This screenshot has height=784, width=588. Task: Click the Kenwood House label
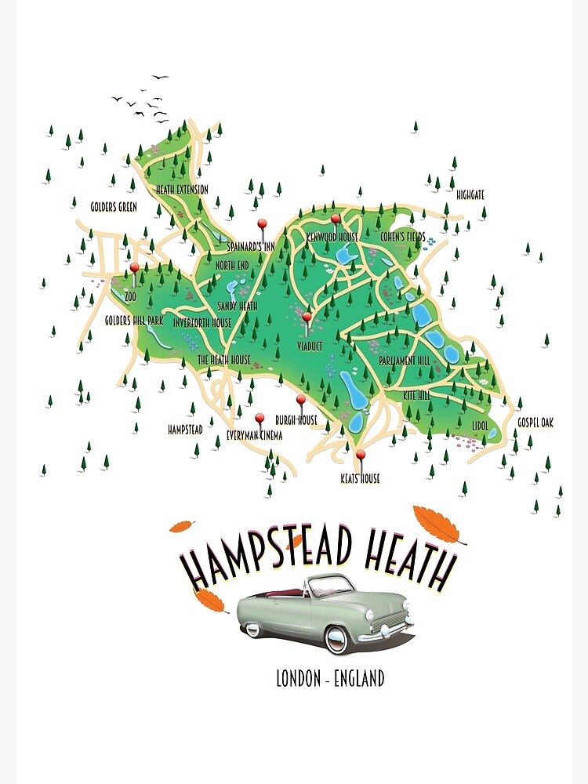332,237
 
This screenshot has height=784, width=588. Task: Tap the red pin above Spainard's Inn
263,223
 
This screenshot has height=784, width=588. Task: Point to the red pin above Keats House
361,455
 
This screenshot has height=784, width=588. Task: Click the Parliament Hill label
404,361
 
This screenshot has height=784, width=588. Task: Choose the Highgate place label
471,194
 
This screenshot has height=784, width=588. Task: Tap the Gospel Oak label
535,423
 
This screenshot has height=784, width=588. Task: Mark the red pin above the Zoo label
134,268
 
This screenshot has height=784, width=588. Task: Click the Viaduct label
310,346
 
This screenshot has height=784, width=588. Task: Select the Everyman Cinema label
254,435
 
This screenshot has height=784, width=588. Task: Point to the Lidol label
481,425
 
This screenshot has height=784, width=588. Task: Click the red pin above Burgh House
300,400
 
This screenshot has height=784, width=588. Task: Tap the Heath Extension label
182,190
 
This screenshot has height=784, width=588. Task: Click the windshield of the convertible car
331,585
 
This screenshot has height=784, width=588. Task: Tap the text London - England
330,678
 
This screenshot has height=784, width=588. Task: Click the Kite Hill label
416,397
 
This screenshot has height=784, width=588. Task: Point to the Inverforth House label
202,323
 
